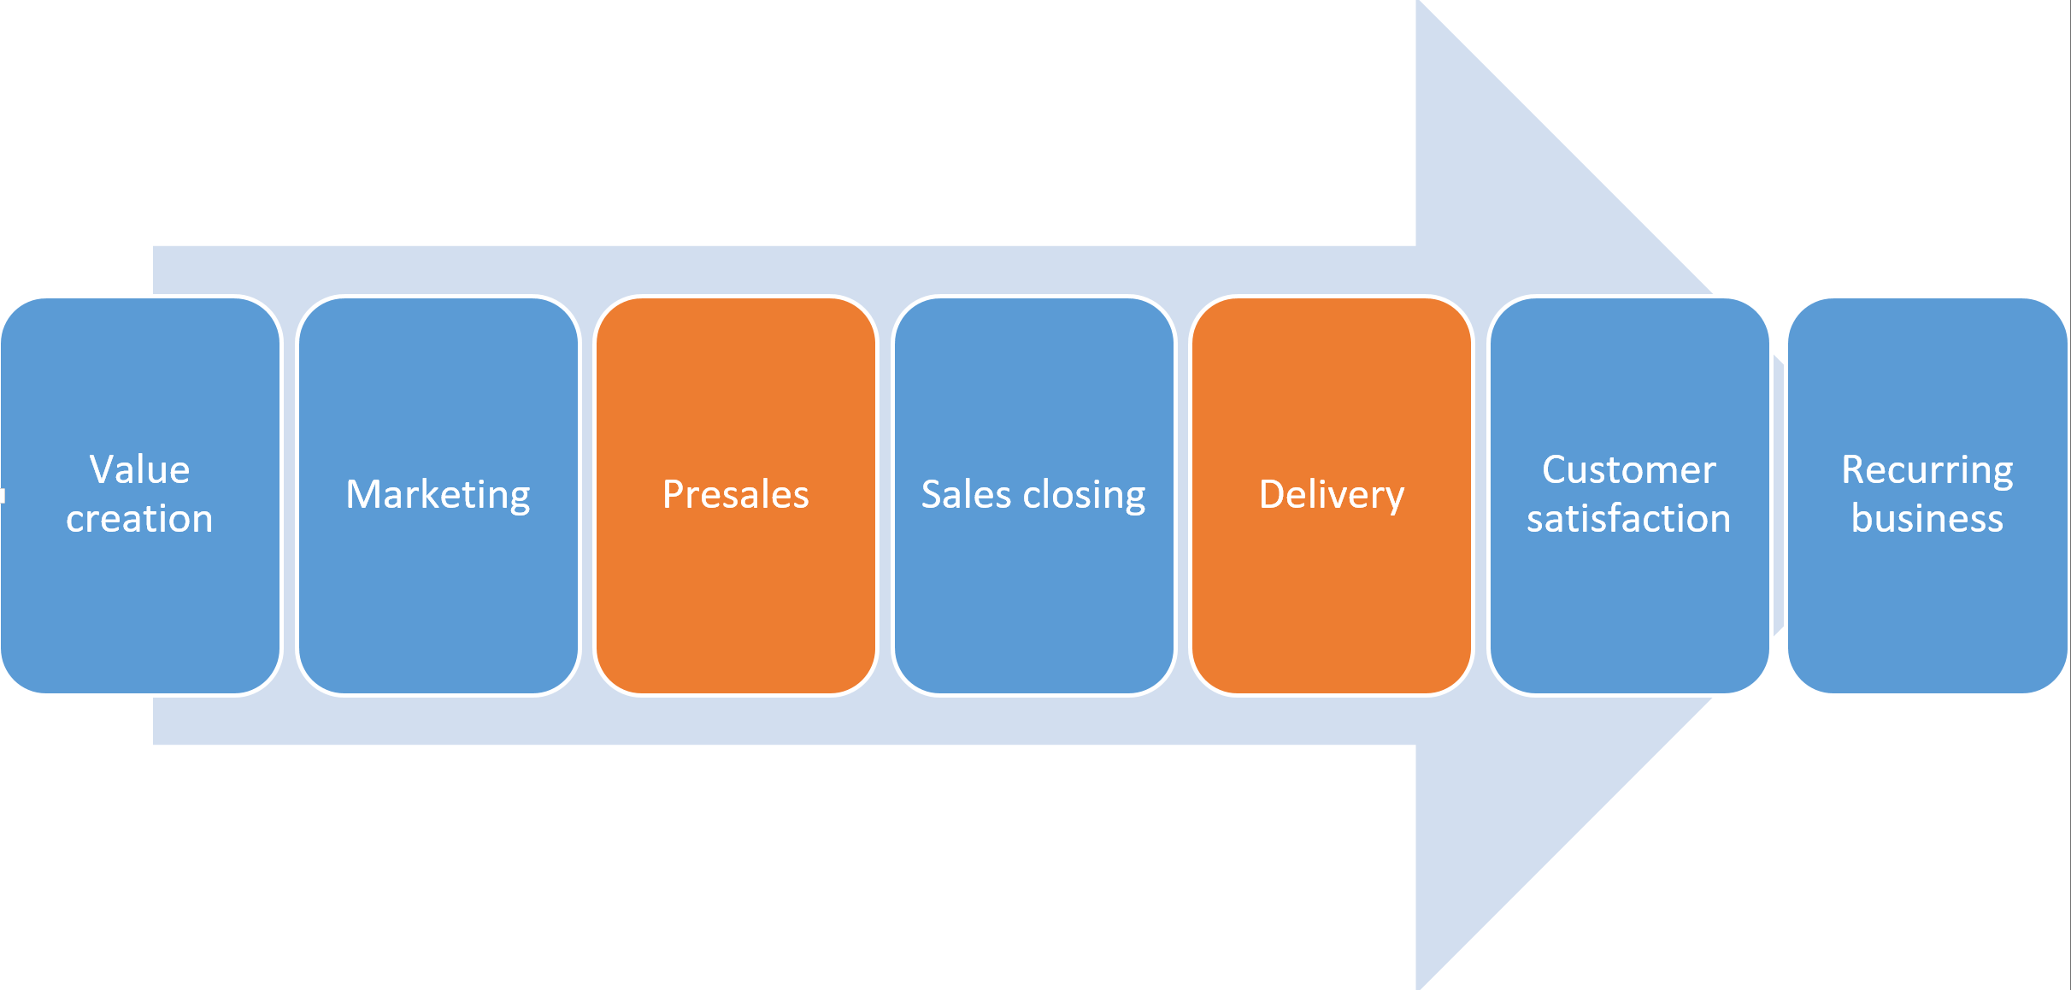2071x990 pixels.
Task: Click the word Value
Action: click(x=139, y=469)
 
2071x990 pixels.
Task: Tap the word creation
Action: click(x=139, y=519)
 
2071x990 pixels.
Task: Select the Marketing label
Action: click(x=438, y=495)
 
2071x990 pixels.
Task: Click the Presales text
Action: click(x=735, y=495)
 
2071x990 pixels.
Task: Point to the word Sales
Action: click(x=965, y=495)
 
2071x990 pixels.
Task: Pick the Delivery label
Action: click(x=1332, y=495)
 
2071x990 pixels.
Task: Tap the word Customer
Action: click(x=1628, y=469)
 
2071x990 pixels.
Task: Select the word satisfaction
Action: click(x=1628, y=519)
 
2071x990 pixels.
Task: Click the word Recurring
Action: click(x=1927, y=470)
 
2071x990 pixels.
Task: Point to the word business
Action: click(x=1927, y=519)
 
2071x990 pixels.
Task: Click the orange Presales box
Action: click(x=735, y=598)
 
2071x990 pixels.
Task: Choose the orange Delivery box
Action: click(x=1332, y=598)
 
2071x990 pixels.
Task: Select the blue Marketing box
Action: click(x=438, y=598)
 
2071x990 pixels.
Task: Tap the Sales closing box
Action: click(x=1033, y=598)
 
